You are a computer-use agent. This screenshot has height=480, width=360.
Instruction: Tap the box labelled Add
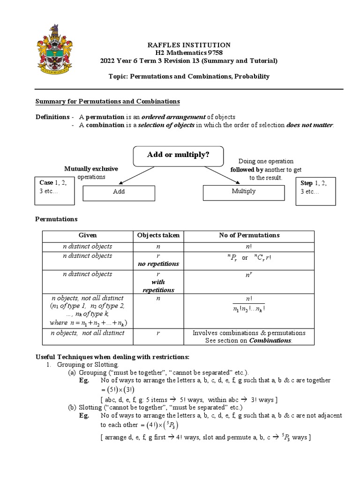tap(119, 192)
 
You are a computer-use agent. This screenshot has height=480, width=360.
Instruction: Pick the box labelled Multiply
tap(243, 191)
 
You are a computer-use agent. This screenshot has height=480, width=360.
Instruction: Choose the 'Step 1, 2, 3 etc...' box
tap(315, 191)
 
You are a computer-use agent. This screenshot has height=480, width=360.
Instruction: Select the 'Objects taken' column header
tap(158, 235)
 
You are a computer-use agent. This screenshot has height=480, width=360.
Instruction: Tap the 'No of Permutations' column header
tap(249, 235)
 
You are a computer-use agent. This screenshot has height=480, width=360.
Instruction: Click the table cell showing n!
tap(249, 246)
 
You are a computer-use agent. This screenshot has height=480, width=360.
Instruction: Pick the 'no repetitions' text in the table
tap(158, 264)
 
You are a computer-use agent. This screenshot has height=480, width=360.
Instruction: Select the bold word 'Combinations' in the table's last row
tap(271, 340)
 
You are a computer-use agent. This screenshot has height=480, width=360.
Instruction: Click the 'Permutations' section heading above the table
tap(57, 219)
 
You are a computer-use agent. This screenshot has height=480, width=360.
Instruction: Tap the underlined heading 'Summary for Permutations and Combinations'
tap(108, 102)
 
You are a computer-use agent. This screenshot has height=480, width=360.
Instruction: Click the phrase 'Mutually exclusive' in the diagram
tap(91, 169)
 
